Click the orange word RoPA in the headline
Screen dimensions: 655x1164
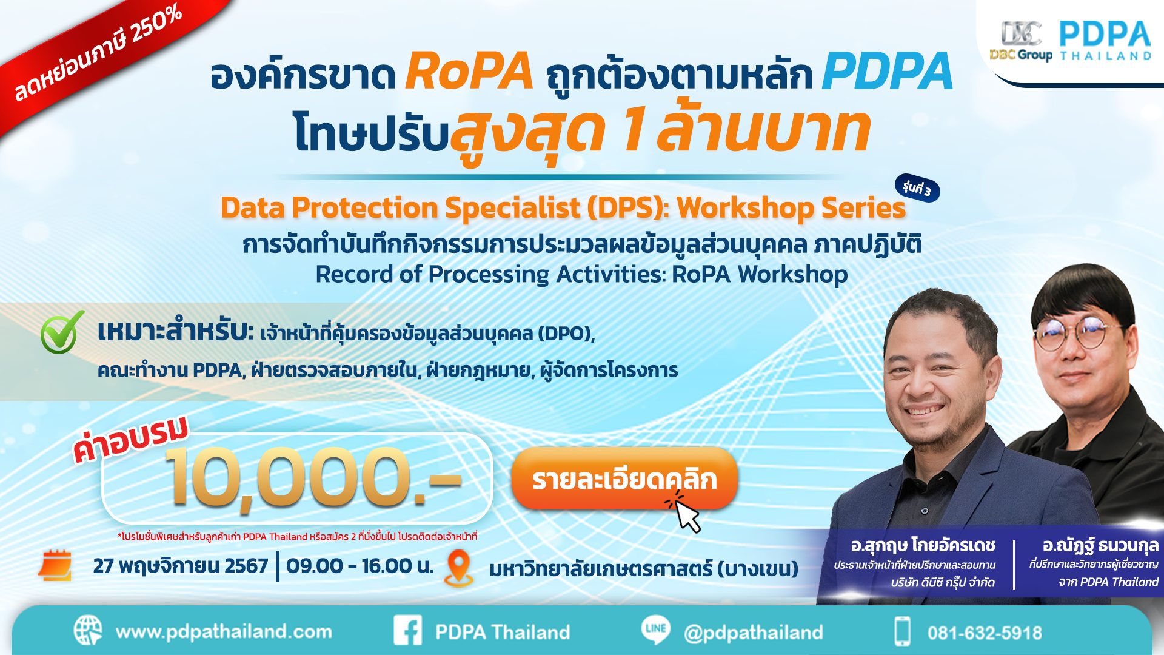pyautogui.click(x=469, y=72)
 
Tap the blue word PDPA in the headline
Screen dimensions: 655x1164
pyautogui.click(x=887, y=72)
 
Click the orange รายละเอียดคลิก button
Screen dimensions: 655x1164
pyautogui.click(x=624, y=479)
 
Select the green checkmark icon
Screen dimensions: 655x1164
pyautogui.click(x=62, y=332)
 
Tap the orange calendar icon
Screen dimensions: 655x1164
pyautogui.click(x=55, y=565)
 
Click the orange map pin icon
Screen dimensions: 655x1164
pyautogui.click(x=459, y=567)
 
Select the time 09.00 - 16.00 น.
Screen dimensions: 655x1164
pyautogui.click(x=360, y=566)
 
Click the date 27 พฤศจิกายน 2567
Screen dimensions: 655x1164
pyautogui.click(x=180, y=566)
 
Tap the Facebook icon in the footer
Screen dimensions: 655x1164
pyautogui.click(x=408, y=631)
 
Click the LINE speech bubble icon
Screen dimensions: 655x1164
pyautogui.click(x=655, y=629)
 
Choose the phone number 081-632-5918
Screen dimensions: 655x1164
pyautogui.click(x=984, y=633)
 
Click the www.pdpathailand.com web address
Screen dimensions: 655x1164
pyautogui.click(x=224, y=632)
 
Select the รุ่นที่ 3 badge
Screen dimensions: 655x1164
pyautogui.click(x=917, y=189)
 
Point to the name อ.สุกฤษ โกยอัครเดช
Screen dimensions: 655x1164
pyautogui.click(x=922, y=545)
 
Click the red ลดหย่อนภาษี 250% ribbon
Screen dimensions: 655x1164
pyautogui.click(x=97, y=55)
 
